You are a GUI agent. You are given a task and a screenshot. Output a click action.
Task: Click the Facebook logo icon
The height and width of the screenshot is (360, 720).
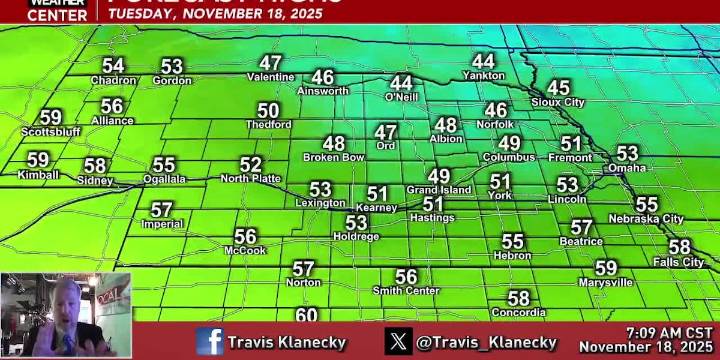pos(210,341)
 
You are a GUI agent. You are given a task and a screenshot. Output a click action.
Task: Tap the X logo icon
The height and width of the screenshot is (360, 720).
pos(399,341)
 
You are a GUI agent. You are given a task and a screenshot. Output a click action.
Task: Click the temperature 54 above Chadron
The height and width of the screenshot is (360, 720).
pos(112,66)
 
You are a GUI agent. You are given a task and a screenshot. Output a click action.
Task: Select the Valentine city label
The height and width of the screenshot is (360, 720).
pos(270,77)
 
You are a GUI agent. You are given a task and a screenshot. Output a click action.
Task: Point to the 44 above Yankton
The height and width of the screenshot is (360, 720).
pos(483,62)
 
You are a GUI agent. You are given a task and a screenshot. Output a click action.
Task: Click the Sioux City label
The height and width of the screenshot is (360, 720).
pos(558,102)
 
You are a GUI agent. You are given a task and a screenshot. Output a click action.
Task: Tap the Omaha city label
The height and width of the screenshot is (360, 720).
pos(627,167)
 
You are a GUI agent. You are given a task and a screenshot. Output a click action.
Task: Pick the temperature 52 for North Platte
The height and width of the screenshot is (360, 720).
pos(251,165)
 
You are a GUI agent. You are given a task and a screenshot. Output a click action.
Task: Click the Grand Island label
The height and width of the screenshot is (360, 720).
pos(438,189)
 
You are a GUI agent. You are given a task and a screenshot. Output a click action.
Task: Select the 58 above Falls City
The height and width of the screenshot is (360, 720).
pos(679,247)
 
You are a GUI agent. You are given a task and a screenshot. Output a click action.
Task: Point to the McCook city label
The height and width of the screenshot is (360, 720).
pos(245,250)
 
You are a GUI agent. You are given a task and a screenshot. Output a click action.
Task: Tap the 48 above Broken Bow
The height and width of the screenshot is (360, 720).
pos(333,144)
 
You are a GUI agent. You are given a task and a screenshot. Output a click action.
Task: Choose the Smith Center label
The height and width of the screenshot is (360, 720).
pos(405,290)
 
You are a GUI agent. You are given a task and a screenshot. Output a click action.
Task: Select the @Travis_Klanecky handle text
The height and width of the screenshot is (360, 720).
pos(486,342)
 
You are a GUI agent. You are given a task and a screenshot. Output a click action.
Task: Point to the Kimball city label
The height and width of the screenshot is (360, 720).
pos(38,174)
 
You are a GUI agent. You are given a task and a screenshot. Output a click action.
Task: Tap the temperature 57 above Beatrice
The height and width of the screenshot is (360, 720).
pos(581,228)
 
